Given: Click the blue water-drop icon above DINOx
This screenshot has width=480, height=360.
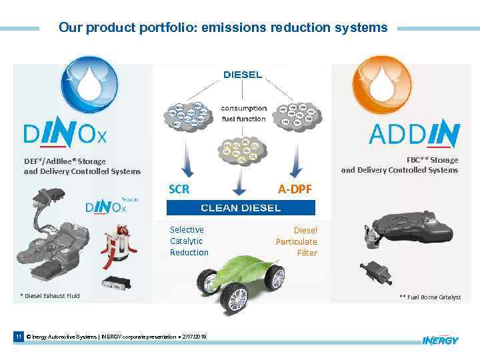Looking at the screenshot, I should (x=89, y=85).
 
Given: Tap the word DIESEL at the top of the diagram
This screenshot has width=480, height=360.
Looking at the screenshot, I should (x=242, y=75).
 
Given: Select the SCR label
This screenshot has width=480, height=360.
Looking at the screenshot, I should (x=179, y=189).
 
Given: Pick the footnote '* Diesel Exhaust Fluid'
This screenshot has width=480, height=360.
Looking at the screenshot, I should (x=50, y=295).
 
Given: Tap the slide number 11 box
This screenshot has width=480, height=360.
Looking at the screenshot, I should (x=19, y=337).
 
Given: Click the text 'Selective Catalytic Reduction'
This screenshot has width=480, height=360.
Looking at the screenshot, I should (x=189, y=241).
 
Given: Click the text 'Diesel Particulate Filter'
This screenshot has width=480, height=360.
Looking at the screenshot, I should (x=297, y=241).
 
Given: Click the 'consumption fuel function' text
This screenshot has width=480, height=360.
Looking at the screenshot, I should (x=243, y=113).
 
